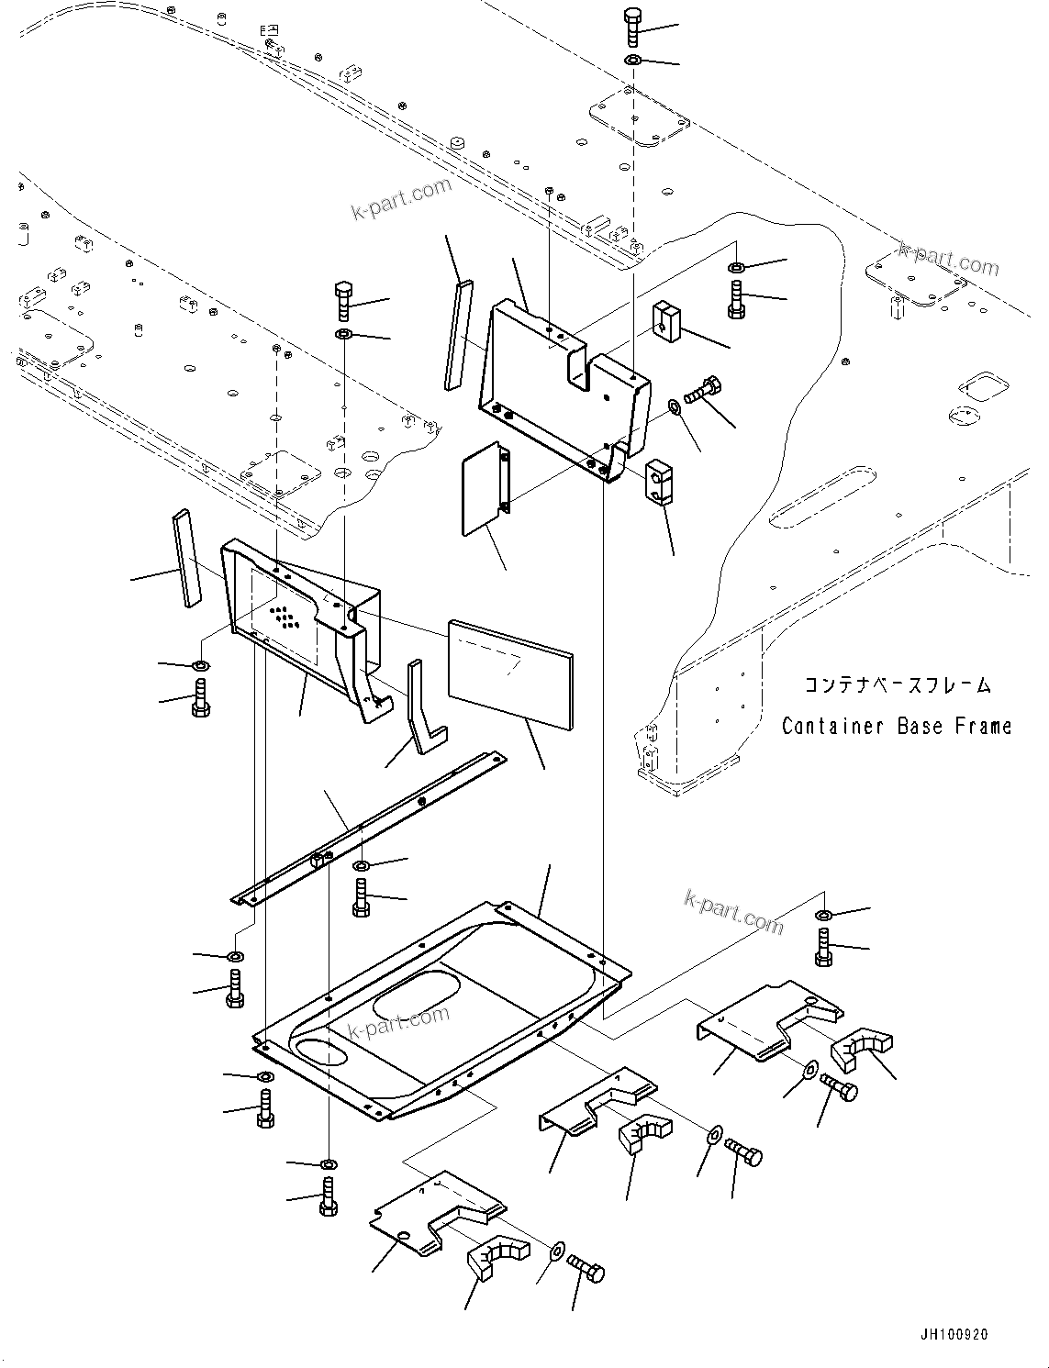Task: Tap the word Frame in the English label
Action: click(x=983, y=726)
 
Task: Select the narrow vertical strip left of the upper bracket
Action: click(x=456, y=335)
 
